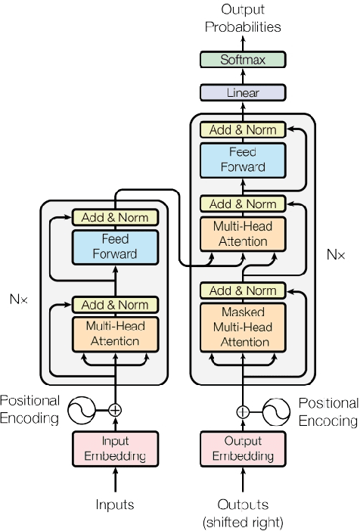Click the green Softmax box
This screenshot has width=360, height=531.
coord(243,60)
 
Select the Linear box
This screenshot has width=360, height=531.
coord(243,93)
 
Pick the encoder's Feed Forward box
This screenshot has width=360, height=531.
coord(115,245)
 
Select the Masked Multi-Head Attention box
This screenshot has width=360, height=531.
coord(243,325)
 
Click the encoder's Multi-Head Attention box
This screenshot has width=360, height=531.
coord(115,334)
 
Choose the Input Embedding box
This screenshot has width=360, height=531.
coord(115,448)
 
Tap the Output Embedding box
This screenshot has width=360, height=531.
coord(243,448)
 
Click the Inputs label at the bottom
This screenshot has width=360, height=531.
coord(115,504)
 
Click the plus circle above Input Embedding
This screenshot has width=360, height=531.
coord(115,410)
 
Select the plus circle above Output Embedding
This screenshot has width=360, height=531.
coord(243,411)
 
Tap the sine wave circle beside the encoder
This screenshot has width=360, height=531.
coord(82,410)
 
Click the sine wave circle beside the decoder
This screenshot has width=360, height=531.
coord(276,411)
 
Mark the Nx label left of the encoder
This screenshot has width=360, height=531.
coord(18,299)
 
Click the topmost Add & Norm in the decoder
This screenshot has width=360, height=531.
coord(243,130)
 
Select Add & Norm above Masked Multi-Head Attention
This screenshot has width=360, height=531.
coord(243,290)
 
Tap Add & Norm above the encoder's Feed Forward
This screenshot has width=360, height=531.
coord(115,218)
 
